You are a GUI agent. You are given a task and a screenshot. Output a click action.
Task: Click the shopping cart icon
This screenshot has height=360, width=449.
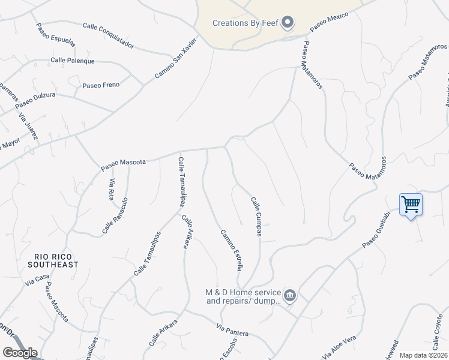point(411,205)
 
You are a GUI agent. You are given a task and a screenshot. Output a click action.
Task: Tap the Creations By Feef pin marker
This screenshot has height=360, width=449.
point(288,23)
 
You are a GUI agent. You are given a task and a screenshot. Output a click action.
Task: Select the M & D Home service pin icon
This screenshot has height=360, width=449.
point(290,295)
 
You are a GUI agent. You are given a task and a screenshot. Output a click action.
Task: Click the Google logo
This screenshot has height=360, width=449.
point(20,353)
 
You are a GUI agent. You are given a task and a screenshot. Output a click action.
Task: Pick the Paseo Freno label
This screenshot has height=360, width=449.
point(101,86)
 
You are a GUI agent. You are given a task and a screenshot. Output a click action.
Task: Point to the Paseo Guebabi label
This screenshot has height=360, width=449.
point(381,233)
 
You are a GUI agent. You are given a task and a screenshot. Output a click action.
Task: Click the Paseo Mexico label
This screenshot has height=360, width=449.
point(330,23)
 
